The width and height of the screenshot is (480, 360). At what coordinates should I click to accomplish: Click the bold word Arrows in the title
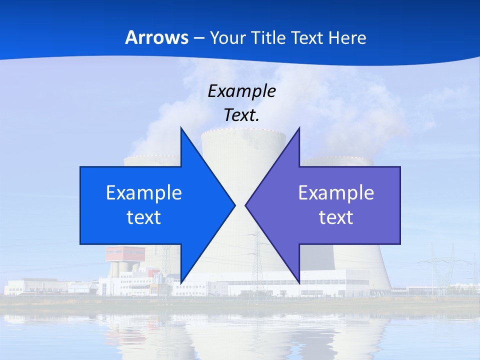pos(156,37)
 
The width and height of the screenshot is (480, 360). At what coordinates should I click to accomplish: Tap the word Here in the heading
pos(348,37)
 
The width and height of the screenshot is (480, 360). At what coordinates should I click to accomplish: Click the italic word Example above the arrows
pos(241,91)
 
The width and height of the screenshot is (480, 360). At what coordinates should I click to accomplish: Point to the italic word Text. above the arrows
pos(241,115)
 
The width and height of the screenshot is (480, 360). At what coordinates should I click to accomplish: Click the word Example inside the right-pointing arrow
pos(144,192)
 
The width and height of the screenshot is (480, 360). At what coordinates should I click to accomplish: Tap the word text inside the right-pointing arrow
pos(144,217)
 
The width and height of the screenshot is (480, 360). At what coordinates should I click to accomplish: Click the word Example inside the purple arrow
pos(336,192)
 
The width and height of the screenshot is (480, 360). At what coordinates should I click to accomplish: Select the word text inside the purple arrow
pos(336,217)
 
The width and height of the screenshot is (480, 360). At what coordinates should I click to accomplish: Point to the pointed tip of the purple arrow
pos(246,205)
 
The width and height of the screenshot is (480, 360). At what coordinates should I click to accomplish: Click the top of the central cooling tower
pos(243,133)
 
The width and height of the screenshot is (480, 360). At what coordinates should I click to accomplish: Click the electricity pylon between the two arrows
pos(257,260)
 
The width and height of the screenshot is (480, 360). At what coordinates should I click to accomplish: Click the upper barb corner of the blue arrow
pos(181,128)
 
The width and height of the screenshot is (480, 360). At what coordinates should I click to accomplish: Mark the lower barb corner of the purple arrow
pos(299,282)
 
